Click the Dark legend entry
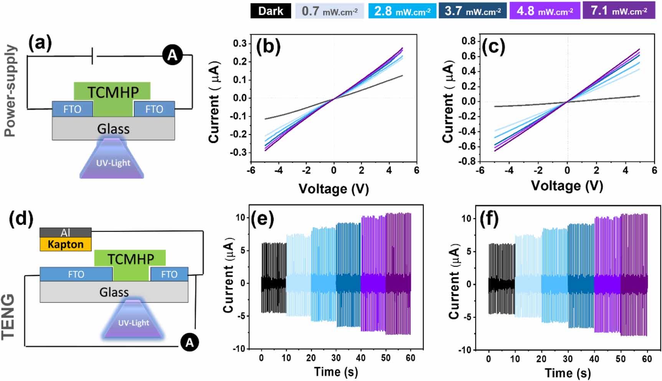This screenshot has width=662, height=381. (x=270, y=11)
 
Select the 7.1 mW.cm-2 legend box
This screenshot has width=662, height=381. (x=619, y=11)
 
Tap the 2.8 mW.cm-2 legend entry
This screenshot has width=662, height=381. (x=402, y=11)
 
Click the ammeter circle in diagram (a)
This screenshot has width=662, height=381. (x=172, y=55)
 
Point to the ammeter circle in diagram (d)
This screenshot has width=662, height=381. (x=190, y=341)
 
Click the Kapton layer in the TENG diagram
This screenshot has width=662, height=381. (x=66, y=244)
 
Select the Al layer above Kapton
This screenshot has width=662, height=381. (x=66, y=232)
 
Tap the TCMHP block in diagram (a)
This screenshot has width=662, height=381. (x=112, y=93)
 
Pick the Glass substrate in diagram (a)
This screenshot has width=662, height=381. (x=113, y=129)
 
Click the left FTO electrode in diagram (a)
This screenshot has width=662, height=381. (x=72, y=109)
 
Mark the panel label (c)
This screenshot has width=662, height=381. (x=493, y=47)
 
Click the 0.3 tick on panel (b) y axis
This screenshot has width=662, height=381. (x=240, y=43)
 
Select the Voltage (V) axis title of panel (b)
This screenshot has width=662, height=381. (x=333, y=189)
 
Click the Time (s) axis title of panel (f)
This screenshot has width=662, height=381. (x=568, y=373)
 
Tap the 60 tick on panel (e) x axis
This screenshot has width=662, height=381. (x=410, y=358)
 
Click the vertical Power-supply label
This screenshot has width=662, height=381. (x=11, y=91)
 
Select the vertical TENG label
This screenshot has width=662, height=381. (x=8, y=317)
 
